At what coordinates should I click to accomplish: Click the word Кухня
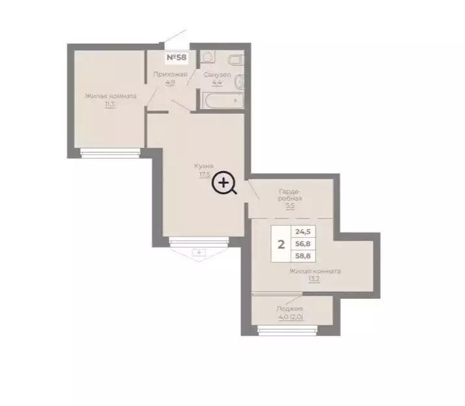pos(203,166)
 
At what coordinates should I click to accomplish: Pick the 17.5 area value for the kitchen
pos(204,174)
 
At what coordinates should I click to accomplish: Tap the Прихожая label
pos(170,75)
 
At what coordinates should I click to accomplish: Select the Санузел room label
pos(217,75)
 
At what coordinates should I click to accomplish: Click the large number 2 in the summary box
pos(281,245)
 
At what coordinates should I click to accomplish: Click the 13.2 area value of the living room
pos(315,279)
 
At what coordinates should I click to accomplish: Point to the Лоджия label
pos(289,309)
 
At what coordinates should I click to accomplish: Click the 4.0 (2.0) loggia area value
pos(290,317)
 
